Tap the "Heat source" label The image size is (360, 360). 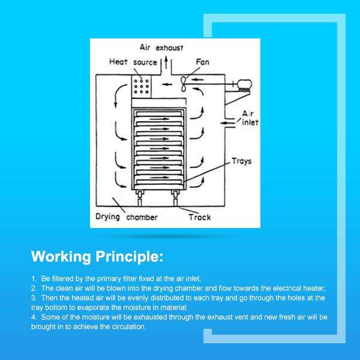133,62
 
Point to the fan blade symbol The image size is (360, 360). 184,83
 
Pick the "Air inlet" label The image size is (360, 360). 248,118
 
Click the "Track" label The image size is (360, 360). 199,217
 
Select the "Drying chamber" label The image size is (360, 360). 126,217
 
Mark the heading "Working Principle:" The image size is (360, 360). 97,257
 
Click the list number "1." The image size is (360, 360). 34,280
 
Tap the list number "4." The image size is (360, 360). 34,316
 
